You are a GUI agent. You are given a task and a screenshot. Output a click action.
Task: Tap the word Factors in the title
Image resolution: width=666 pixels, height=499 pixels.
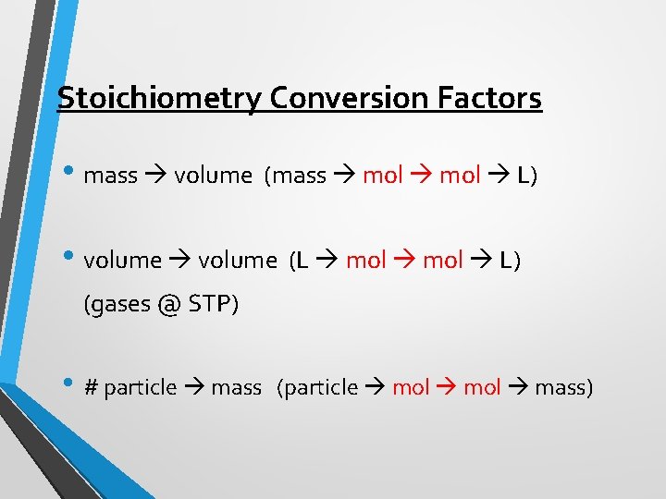pyautogui.click(x=496, y=97)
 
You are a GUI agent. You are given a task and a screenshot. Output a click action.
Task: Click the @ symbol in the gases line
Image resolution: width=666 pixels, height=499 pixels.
pyautogui.click(x=166, y=305)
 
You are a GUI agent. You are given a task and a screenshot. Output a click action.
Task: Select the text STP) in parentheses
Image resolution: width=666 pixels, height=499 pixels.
pyautogui.click(x=214, y=305)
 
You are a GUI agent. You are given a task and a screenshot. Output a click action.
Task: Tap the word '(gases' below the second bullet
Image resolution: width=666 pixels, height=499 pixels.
pyautogui.click(x=117, y=305)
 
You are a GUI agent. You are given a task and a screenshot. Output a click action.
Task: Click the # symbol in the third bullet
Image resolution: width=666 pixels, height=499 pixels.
pyautogui.click(x=91, y=388)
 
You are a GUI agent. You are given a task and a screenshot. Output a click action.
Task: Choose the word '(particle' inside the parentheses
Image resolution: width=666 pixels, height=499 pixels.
pyautogui.click(x=317, y=388)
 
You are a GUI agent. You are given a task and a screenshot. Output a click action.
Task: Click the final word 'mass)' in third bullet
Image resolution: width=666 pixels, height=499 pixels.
pyautogui.click(x=563, y=388)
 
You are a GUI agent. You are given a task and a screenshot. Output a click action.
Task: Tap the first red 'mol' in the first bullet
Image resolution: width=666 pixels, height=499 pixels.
pyautogui.click(x=382, y=176)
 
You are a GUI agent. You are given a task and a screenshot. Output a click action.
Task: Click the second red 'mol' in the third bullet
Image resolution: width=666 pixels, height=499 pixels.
pyautogui.click(x=481, y=388)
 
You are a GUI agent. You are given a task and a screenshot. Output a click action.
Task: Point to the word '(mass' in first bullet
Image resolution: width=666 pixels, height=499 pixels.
pyautogui.click(x=295, y=176)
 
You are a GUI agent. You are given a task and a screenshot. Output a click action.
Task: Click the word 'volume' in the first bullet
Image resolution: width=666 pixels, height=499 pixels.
pyautogui.click(x=213, y=176)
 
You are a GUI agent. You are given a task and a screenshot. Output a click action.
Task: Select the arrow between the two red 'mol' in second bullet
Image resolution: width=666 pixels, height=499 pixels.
pyautogui.click(x=403, y=261)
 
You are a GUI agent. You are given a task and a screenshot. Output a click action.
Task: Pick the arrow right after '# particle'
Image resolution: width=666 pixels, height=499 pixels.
pyautogui.click(x=193, y=388)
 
